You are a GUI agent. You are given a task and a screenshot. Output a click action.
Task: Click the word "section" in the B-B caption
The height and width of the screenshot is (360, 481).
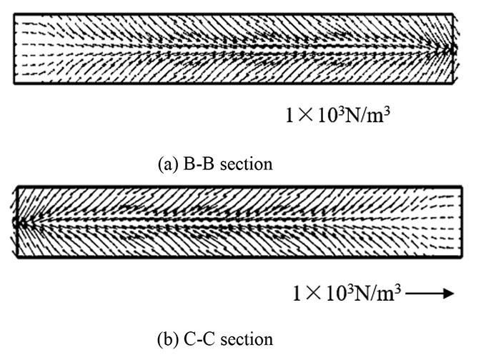point(241,164)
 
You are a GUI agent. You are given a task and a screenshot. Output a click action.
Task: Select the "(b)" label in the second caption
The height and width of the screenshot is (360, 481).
point(165,339)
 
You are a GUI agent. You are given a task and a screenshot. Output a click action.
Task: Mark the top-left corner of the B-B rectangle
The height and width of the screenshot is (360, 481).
point(14,14)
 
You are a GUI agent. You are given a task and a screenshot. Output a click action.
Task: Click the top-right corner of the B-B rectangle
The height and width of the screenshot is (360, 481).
point(453,14)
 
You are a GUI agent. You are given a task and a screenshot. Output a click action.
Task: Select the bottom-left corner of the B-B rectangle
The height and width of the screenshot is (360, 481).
point(14,84)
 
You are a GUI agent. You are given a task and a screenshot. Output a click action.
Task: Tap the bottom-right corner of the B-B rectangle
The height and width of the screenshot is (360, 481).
point(453,84)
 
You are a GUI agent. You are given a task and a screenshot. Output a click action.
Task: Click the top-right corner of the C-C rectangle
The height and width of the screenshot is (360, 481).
point(462,187)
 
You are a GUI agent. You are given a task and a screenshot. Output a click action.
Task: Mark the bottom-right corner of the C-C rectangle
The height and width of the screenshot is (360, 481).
point(462,256)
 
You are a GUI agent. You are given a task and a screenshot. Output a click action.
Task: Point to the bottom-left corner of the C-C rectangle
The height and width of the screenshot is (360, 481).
point(16,256)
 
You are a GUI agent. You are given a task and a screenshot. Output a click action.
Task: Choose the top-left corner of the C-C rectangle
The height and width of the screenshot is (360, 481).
point(16,187)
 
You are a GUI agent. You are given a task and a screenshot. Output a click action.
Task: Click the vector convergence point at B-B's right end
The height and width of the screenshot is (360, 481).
point(450,49)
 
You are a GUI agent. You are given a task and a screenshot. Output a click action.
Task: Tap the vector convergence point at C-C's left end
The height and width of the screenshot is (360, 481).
point(17,222)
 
